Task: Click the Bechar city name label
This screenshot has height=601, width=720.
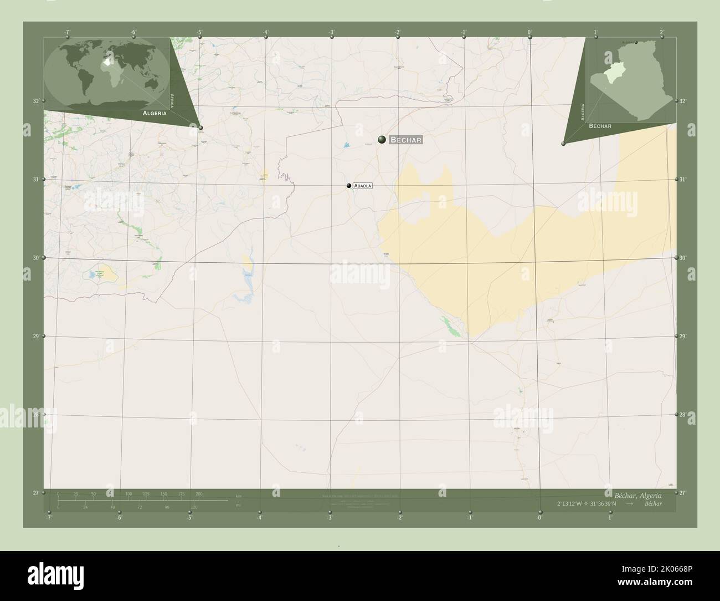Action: pos(407,140)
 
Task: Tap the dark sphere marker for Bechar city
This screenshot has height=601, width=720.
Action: pos(382,139)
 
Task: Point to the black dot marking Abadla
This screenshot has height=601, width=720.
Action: pos(349,186)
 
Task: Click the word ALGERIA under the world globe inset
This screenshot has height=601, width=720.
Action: pos(155,113)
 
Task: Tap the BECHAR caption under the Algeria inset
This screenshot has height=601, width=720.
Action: pos(600,126)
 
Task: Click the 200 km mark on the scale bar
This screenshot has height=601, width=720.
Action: pos(199,493)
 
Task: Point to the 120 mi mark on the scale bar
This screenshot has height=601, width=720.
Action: pos(194,507)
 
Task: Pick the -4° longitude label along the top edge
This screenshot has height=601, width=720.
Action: pos(266,32)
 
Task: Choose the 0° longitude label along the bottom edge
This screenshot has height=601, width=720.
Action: pos(539,518)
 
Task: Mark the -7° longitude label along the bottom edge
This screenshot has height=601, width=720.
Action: pos(49,518)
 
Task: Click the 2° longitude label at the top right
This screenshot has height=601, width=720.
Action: pos(662,32)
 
